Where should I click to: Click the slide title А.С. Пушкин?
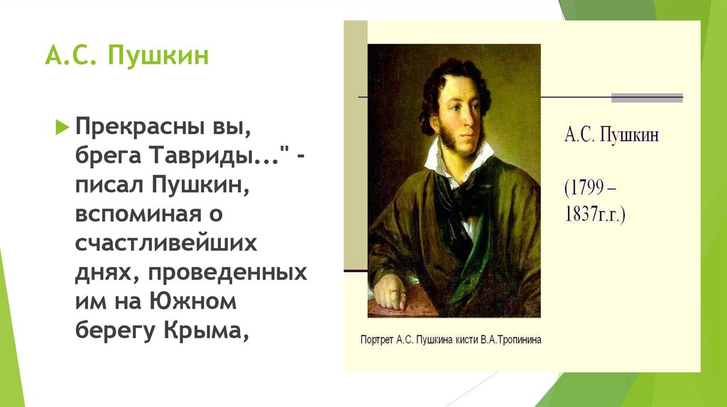[x=127, y=55]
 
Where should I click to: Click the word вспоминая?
[x=147, y=214]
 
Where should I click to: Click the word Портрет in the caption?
[x=379, y=339]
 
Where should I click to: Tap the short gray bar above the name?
[x=647, y=98]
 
